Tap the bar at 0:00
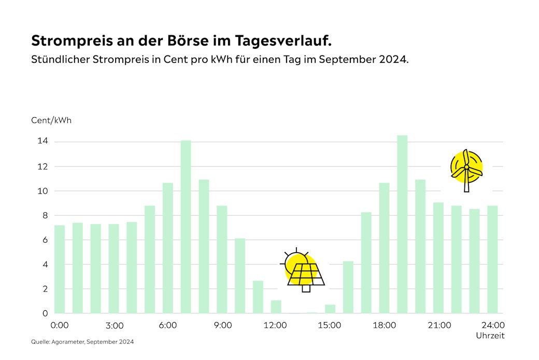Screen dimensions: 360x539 click(x=60, y=269)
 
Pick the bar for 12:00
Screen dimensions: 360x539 click(x=276, y=307)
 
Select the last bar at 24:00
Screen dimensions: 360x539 click(x=492, y=259)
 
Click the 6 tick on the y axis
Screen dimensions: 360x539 click(x=45, y=240)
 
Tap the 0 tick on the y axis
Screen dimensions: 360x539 click(x=45, y=313)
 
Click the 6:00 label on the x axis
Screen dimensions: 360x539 click(x=168, y=326)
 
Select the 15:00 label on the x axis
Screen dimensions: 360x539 click(x=330, y=326)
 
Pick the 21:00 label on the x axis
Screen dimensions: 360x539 click(x=438, y=326)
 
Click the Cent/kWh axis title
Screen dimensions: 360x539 click(x=51, y=120)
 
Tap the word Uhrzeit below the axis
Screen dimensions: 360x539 click(x=490, y=336)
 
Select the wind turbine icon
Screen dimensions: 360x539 click(x=466, y=169)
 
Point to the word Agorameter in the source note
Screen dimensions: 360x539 click(x=65, y=342)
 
